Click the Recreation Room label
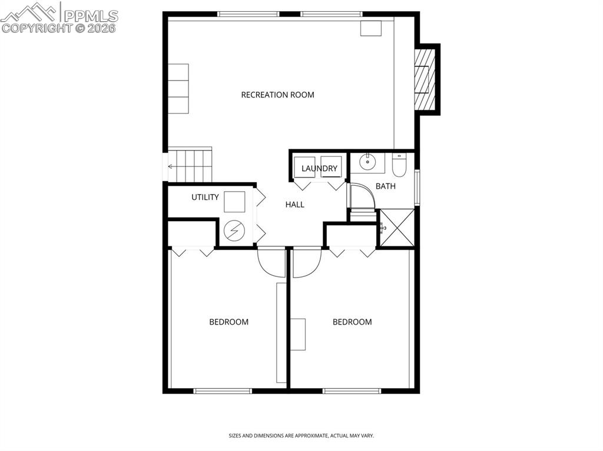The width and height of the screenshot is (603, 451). [x=277, y=95]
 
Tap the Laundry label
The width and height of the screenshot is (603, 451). [x=319, y=169]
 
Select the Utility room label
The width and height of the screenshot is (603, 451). [x=205, y=198]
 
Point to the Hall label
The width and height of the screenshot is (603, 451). [x=294, y=205]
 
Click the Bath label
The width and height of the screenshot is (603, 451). [x=386, y=186]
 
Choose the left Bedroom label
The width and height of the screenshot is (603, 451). [x=228, y=322]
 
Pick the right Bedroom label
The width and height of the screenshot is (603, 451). [x=352, y=322]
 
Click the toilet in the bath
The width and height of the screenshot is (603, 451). [x=399, y=166]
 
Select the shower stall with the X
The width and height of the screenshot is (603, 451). [x=396, y=228]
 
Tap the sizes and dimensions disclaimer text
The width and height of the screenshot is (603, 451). [x=301, y=436]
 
